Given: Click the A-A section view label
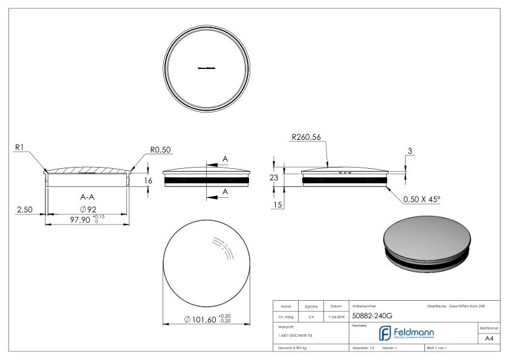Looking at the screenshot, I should [x=88, y=197].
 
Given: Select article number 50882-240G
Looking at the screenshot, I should [x=371, y=316].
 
